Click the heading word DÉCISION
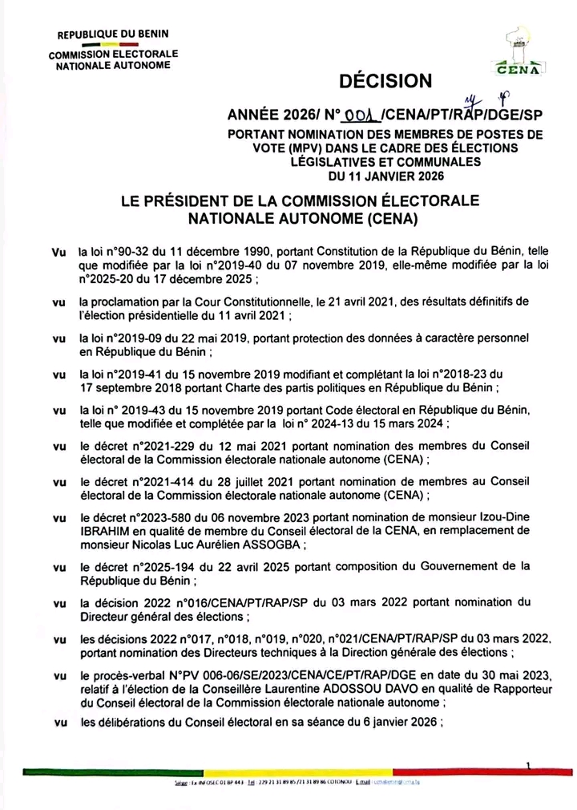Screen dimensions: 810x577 pyautogui.click(x=386, y=81)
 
